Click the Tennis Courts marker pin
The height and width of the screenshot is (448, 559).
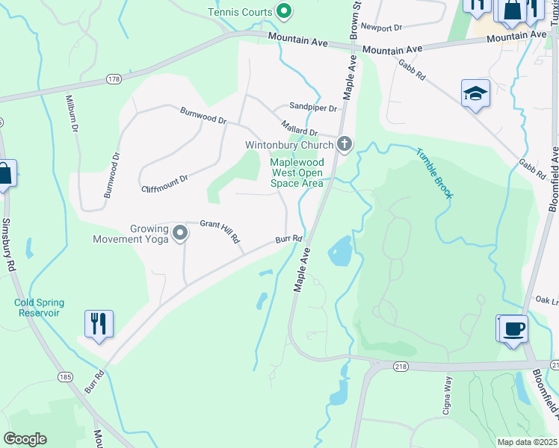click(283, 11)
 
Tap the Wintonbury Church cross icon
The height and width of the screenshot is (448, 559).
click(344, 143)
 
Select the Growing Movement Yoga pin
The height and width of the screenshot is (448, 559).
click(180, 234)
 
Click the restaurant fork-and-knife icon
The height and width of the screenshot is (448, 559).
click(99, 324)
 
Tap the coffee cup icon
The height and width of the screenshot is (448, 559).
click(513, 329)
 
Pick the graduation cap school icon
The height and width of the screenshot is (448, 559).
click(475, 93)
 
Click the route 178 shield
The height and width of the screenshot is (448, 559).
click(114, 78)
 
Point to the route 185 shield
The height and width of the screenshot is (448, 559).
click(65, 378)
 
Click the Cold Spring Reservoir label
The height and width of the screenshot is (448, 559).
click(39, 308)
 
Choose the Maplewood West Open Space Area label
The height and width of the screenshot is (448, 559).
click(297, 172)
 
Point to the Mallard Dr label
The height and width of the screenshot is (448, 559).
click(300, 128)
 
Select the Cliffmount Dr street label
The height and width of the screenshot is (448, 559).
click(164, 184)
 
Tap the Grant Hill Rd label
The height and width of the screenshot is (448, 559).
click(219, 230)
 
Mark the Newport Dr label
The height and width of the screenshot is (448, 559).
click(381, 27)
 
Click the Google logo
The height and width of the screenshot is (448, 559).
click(25, 439)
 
